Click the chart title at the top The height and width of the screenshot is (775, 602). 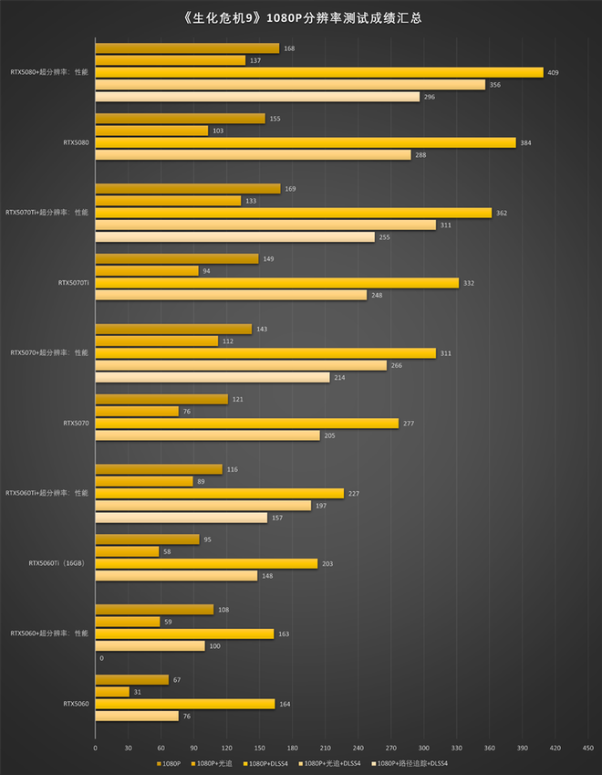302,17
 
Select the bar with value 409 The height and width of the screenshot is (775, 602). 319,73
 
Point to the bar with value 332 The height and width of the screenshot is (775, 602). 276,283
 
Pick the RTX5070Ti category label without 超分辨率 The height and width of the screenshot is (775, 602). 73,283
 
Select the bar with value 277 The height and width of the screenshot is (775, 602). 246,424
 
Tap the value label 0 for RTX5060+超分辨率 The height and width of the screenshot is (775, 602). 101,658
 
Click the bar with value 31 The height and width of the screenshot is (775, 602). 112,692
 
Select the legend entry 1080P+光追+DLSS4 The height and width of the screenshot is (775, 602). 333,762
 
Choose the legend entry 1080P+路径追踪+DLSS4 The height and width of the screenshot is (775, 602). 411,762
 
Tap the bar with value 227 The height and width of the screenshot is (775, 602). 219,493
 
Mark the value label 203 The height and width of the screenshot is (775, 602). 327,563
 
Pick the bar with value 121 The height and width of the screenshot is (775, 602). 161,399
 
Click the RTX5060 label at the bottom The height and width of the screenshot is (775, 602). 76,704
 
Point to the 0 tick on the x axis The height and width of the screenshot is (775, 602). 95,746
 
